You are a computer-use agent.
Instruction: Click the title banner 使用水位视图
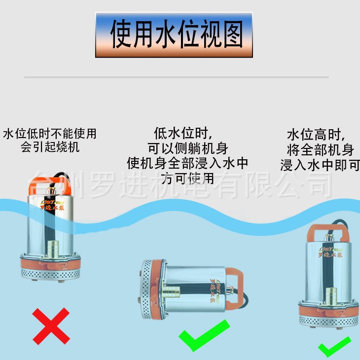tap(174, 35)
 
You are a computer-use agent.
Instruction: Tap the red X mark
tap(51, 325)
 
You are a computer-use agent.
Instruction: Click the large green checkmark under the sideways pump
tap(203, 336)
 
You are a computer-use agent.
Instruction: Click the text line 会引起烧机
tap(50, 147)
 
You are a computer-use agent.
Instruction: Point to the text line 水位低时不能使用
tap(50, 134)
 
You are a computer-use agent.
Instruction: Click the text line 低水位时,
tap(183, 133)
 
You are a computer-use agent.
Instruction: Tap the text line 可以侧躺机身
tap(188, 148)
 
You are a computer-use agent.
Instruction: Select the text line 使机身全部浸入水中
tap(188, 163)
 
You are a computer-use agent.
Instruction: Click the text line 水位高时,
tap(317, 135)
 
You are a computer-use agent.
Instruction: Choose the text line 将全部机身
tap(320, 149)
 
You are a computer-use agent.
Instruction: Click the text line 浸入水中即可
tap(320, 165)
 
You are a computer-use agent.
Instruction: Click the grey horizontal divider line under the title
tap(176, 77)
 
